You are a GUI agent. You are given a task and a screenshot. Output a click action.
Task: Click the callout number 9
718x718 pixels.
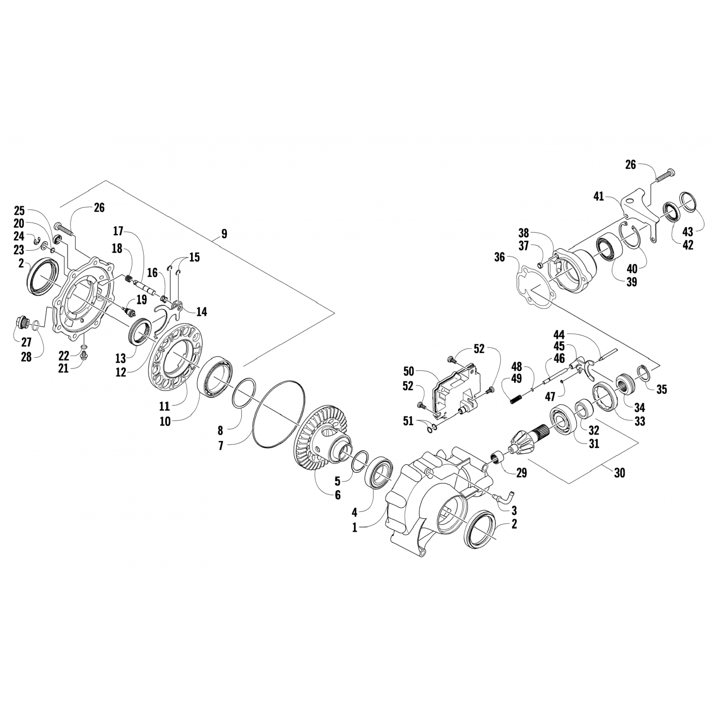(x=224, y=234)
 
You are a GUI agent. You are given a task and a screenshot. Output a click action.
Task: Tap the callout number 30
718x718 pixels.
(x=620, y=473)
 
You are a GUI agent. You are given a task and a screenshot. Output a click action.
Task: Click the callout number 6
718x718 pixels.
(x=337, y=495)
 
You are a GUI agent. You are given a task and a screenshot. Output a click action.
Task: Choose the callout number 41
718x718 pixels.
(x=598, y=197)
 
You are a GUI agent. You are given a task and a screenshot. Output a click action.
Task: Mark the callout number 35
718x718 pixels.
(x=661, y=389)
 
